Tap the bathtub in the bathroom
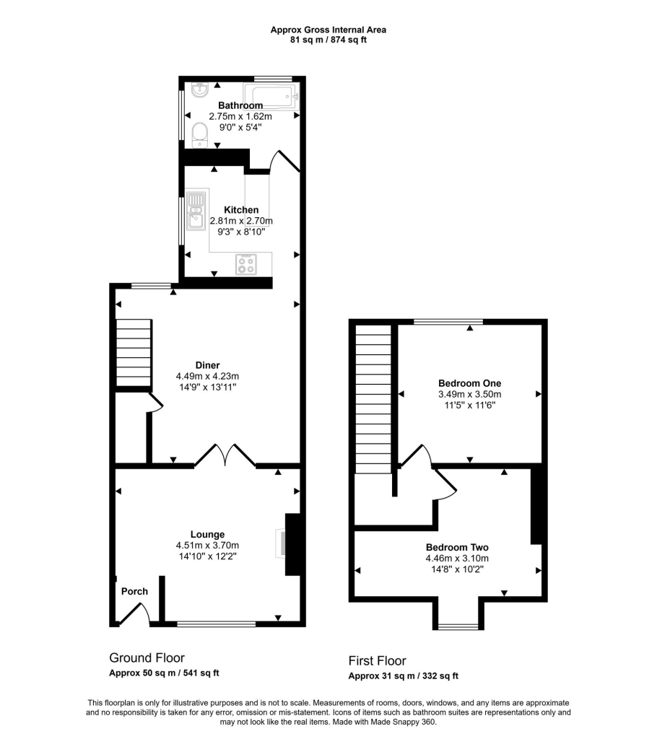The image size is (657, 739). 270,95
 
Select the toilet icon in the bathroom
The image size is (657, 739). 200,134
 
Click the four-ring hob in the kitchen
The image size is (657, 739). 246,264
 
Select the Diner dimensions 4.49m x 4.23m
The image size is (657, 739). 207,376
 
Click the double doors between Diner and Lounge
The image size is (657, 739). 225,455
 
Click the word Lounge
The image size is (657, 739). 207,535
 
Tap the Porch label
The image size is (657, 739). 134,591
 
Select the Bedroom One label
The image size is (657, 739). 469,383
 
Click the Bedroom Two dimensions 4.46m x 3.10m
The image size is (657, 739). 457,558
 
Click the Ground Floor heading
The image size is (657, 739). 147,657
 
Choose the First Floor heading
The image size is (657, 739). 377,660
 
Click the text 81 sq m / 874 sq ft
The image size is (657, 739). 328,40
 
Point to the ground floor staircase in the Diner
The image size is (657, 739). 134,353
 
